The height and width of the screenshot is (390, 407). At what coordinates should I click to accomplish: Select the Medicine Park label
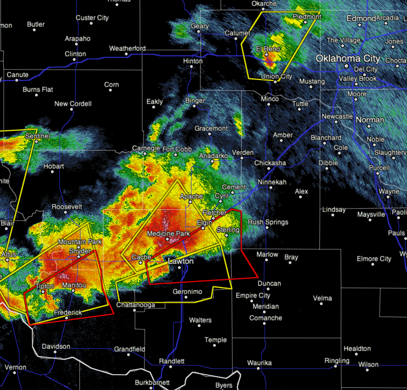168,233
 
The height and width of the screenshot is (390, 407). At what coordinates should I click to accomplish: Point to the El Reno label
269,49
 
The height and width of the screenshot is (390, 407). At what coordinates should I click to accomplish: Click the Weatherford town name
127,48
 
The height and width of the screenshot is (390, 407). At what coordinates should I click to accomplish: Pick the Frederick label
67,312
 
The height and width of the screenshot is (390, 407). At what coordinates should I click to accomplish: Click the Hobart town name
54,166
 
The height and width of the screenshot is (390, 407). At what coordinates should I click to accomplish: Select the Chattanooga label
136,305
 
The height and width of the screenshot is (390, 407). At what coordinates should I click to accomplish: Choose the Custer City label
92,18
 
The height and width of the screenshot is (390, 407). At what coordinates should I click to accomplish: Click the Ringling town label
336,360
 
